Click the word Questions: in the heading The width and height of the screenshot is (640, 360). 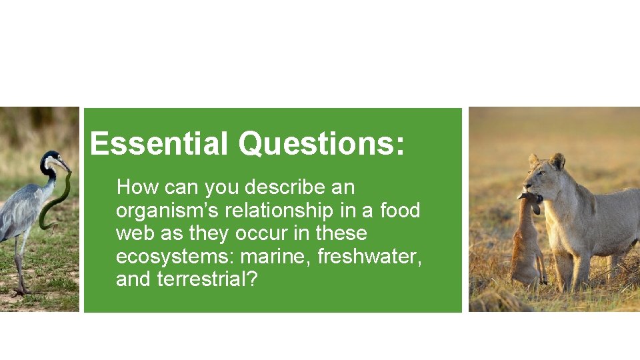pyautogui.click(x=321, y=143)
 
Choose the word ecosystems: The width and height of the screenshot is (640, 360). pyautogui.click(x=175, y=257)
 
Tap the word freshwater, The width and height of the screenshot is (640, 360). pyautogui.click(x=369, y=257)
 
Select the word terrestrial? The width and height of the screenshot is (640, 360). pyautogui.click(x=207, y=279)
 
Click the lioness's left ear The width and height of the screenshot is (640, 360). pyautogui.click(x=557, y=161)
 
